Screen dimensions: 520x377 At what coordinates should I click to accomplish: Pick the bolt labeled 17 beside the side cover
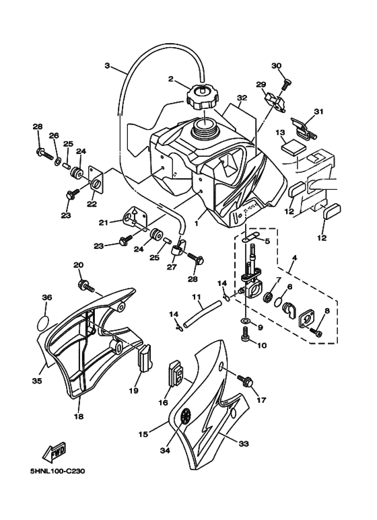pos(247,382)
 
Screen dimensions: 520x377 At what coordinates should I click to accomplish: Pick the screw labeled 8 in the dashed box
pos(316,331)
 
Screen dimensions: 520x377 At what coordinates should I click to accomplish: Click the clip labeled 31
pos(306,124)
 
